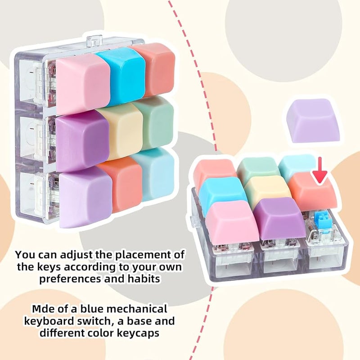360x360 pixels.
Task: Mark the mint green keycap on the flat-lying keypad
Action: [258, 167]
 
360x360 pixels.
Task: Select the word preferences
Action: [70, 279]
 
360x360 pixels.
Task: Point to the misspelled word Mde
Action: [43, 309]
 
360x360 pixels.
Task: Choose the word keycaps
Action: [138, 333]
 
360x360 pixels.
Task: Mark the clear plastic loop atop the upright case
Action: [94, 40]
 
